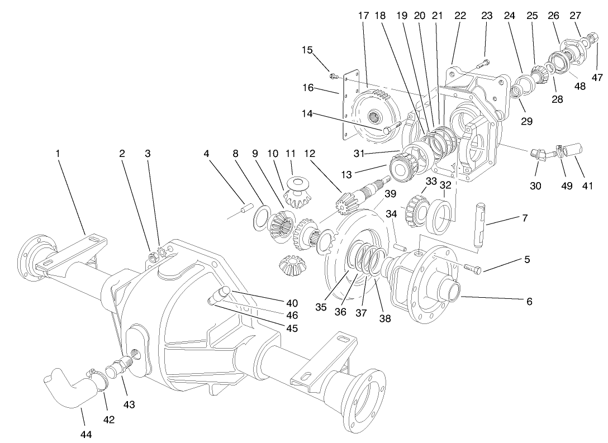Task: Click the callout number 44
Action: [86, 434]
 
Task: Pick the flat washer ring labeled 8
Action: [261, 219]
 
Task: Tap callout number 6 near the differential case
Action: [529, 302]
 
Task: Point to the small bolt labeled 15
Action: [334, 75]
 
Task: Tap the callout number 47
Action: [598, 78]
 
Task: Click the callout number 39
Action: [389, 194]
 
